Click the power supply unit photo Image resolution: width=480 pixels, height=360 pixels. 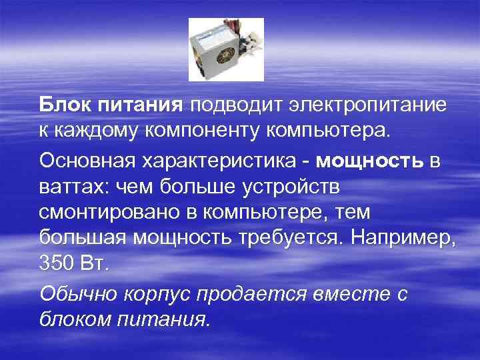(x=226, y=49)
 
